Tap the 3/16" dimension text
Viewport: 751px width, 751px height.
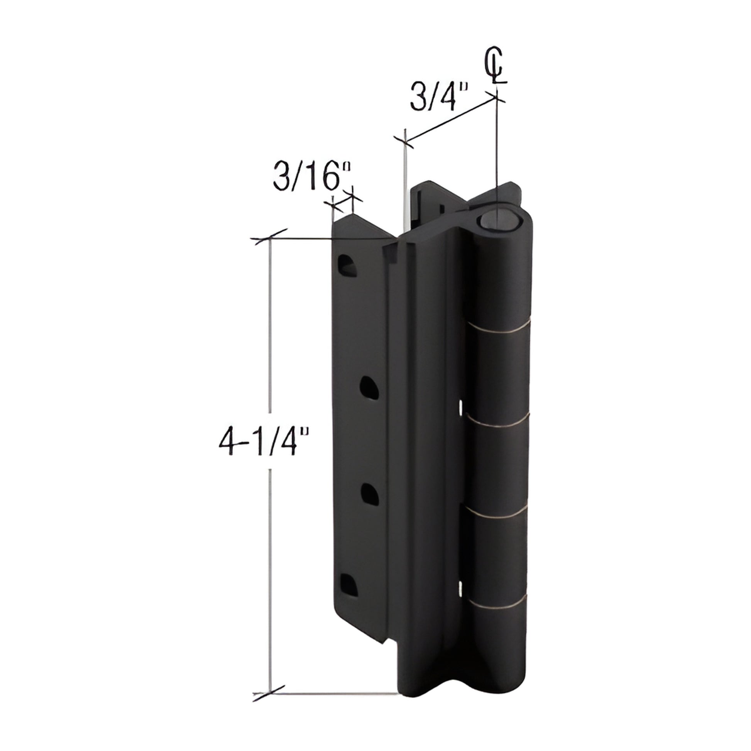click(312, 176)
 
